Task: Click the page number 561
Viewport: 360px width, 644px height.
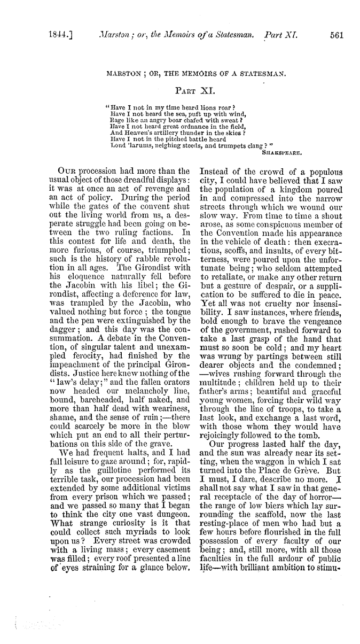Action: [336, 35]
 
